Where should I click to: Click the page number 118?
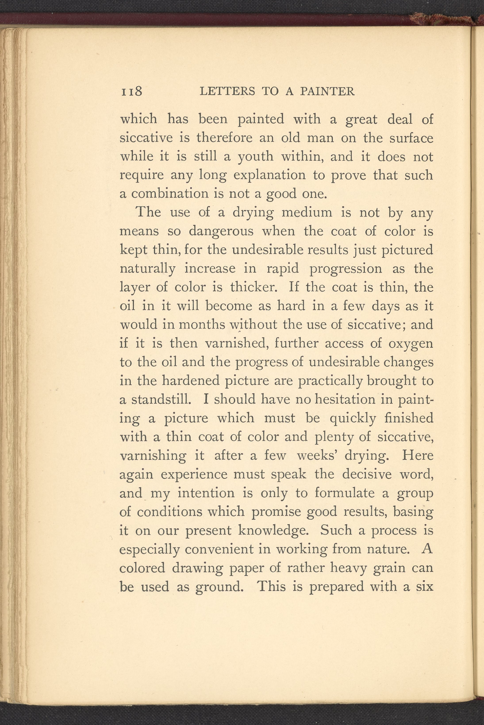[x=132, y=92]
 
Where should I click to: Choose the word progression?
[x=345, y=269]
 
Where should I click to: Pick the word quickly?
[x=353, y=419]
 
